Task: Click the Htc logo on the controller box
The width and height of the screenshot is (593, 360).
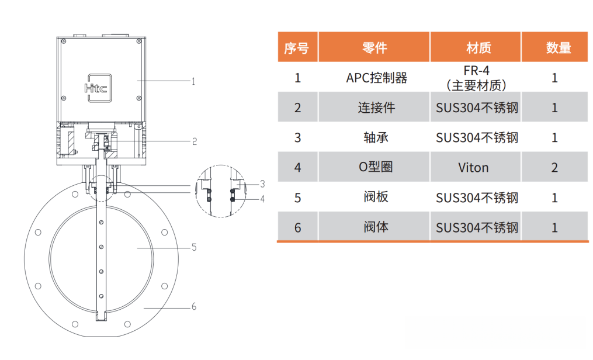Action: coord(98,88)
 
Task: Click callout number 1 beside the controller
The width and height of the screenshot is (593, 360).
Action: coord(193,81)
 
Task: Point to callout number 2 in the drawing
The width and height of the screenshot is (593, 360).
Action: coord(195,141)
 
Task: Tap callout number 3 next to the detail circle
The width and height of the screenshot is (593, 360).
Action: coord(262,184)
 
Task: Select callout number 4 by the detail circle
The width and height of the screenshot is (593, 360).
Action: coord(262,199)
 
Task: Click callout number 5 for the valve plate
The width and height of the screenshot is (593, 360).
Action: coord(194,247)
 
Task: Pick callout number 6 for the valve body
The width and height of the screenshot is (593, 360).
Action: coord(194,306)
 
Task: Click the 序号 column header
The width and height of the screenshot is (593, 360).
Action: coord(297,48)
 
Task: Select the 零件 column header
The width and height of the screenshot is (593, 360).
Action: coord(374,48)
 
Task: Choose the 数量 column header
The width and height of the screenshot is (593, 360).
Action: coord(558,48)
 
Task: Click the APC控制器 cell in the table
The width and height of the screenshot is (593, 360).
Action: coord(377,78)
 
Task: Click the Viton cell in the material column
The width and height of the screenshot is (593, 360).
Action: coord(473,168)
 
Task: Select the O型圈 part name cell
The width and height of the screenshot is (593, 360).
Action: coord(376,167)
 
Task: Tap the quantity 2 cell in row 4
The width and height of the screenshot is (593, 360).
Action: coord(554,168)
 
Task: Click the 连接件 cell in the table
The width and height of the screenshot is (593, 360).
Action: coord(377,108)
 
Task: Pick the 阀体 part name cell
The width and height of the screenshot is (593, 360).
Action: coord(376,227)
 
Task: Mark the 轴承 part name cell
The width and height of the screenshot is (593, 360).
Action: coord(376,138)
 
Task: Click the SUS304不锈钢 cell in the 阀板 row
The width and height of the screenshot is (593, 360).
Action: coord(477,198)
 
